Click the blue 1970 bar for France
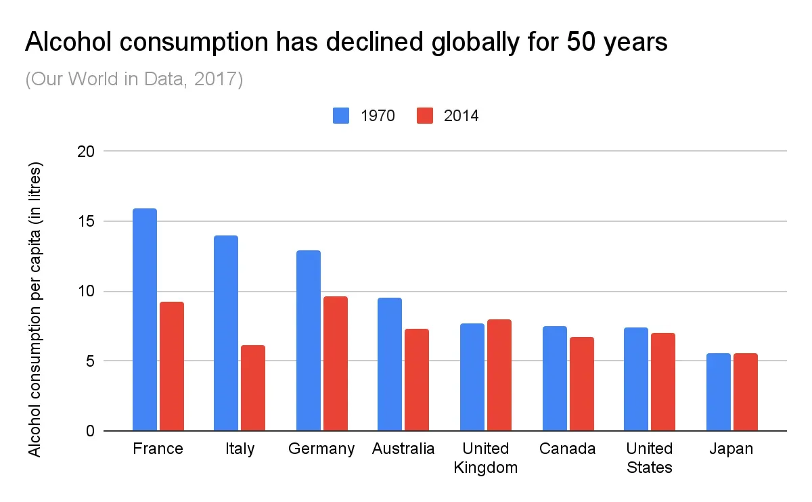coord(145,319)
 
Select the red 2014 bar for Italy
coord(253,388)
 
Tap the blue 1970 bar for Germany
coord(309,340)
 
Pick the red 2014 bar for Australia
coord(417,380)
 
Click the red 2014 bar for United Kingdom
coord(499,375)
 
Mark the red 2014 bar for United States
coord(663,382)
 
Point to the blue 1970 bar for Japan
coord(719,392)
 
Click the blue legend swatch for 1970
coord(341,116)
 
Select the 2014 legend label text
coord(461,116)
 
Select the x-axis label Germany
coord(321,449)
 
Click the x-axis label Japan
coord(731,449)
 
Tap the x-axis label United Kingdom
coord(486,458)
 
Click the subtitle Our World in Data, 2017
coord(134,79)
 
